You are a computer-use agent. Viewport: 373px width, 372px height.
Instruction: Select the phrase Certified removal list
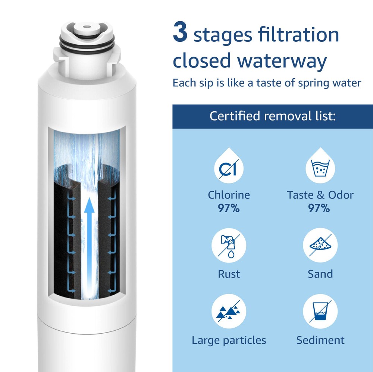[273, 116]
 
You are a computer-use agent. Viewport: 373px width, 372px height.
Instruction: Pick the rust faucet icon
[229, 245]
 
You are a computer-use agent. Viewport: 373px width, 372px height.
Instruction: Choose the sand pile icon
[320, 245]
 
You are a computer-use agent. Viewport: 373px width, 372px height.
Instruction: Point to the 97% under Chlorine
[229, 208]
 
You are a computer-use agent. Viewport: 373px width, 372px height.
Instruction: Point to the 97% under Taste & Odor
[319, 208]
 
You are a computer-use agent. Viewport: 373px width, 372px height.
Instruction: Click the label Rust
[229, 274]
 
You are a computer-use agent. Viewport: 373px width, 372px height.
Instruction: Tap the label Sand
[320, 274]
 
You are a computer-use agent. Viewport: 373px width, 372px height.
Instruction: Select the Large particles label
[229, 340]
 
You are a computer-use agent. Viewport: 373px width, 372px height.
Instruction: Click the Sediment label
[320, 340]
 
